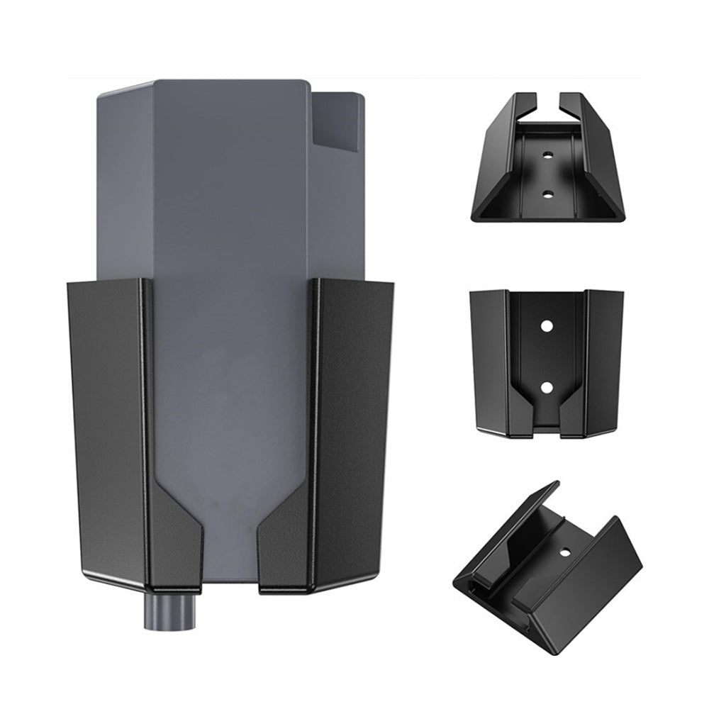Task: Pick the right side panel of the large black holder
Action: [354, 425]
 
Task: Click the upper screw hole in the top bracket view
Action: [547, 153]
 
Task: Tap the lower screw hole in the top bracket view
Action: [547, 192]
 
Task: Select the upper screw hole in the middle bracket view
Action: [547, 325]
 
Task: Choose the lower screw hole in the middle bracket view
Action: [547, 386]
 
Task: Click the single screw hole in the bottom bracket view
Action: [565, 551]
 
